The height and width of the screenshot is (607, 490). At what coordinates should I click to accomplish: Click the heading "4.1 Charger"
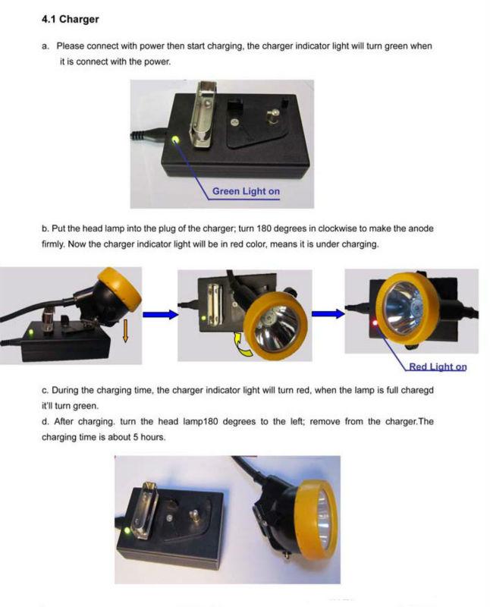tap(70, 20)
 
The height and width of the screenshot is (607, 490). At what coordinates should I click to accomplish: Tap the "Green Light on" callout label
tap(246, 191)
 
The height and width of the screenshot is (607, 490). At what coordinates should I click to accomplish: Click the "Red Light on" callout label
tap(438, 366)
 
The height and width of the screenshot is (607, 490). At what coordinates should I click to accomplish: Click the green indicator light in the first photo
tap(175, 139)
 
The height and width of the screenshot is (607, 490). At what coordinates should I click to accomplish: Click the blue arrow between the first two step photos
tap(160, 314)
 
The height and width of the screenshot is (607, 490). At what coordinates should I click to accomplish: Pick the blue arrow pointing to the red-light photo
tap(328, 313)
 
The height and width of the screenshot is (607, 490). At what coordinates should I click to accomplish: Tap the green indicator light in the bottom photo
tap(127, 530)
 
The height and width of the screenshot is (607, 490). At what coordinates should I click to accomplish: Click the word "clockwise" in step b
tap(337, 228)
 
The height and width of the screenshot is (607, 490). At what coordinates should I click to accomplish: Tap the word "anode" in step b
tap(421, 228)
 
